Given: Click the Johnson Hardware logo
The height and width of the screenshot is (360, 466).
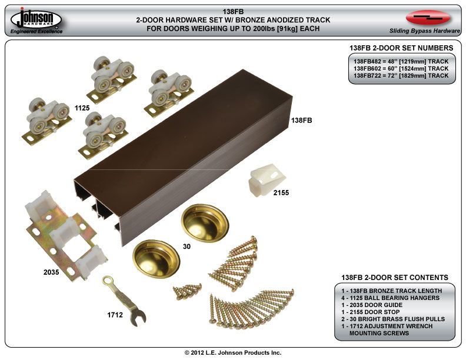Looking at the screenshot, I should pos(36,20).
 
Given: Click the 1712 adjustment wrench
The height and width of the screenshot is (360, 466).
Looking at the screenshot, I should pos(124,299).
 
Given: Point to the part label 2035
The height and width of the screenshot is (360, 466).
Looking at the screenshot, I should pos(51,272).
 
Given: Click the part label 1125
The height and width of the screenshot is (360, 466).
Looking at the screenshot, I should pos(82,108).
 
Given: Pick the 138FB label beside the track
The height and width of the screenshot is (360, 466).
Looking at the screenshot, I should pos(302,119).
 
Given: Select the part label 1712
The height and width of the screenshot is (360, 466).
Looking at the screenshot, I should pos(115,315).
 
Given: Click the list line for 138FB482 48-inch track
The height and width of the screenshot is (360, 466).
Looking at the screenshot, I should pos(401,61).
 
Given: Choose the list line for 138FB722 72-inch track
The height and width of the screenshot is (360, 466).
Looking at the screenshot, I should pos(401,76).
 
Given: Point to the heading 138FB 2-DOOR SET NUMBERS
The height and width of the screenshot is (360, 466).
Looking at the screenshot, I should pos(401,48).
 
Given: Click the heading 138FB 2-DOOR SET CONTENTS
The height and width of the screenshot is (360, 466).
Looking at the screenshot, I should pos(395,277).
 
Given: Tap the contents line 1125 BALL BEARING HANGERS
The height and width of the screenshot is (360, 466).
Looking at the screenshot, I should pos(390,298).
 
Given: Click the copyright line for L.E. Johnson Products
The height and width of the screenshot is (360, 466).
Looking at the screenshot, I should pos(233,352).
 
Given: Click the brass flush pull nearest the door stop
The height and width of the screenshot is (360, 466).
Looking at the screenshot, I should pos(204,221).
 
